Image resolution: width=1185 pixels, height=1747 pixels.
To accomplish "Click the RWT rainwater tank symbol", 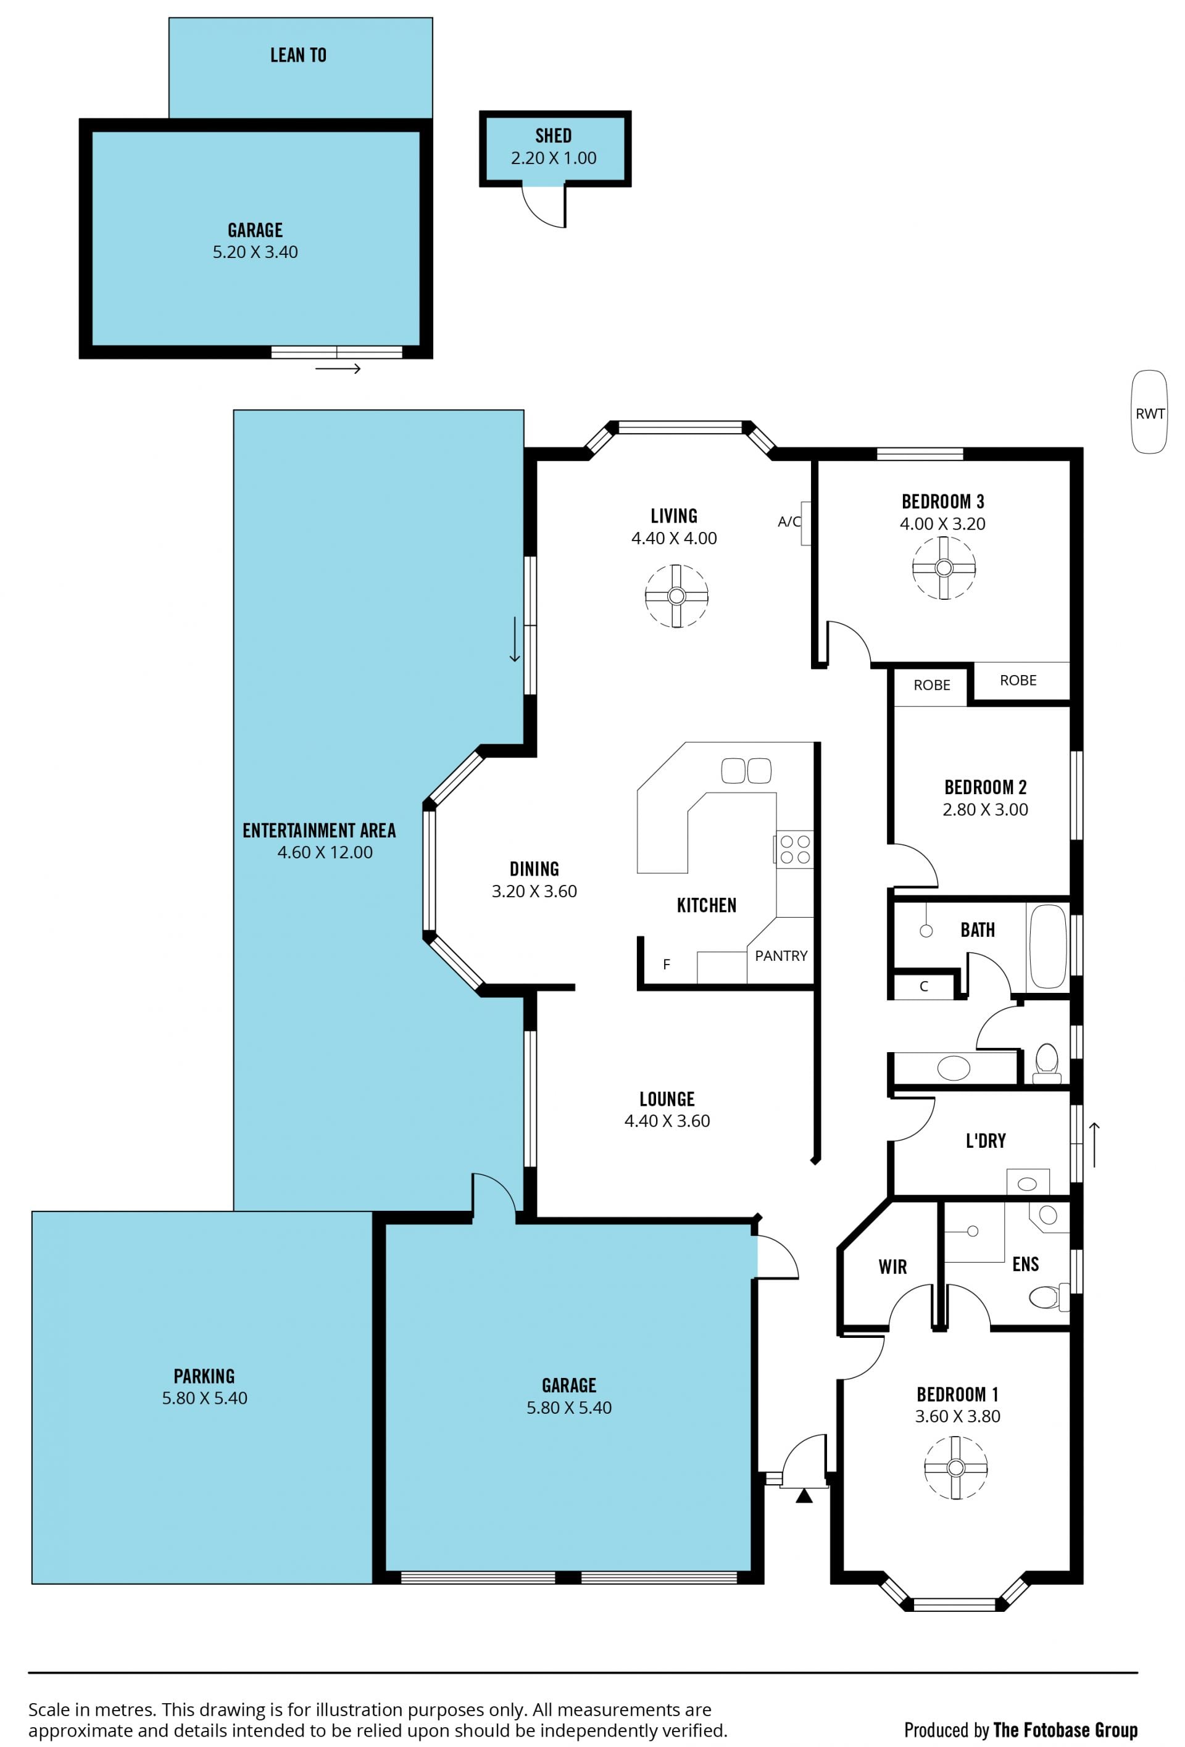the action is pos(1149,412).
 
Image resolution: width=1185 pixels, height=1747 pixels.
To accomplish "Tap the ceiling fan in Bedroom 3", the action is pos(944,568).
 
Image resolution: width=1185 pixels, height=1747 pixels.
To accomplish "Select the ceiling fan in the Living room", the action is pos(676,596).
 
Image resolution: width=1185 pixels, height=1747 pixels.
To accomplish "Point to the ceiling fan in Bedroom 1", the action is pos(955,1467).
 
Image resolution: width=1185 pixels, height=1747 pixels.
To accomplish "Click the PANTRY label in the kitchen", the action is pos(781,955).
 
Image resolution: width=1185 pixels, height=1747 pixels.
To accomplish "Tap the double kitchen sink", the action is pos(746,771).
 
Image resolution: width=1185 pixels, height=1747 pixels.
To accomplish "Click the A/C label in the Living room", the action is pos(789,521).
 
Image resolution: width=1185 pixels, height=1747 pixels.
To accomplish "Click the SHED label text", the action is pos(554,135).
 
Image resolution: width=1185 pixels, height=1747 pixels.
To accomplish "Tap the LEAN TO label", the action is pos(299,55).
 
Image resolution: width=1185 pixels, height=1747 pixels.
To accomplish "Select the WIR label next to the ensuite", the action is pos(892,1267).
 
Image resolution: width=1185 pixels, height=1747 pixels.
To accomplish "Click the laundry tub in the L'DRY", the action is pos(1027,1182).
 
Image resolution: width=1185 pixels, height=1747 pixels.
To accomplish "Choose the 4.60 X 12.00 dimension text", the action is pos(325,852).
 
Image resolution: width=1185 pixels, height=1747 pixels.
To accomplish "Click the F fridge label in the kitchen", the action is pos(666,964).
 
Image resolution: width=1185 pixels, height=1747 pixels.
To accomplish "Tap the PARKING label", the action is pos(204,1376).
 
